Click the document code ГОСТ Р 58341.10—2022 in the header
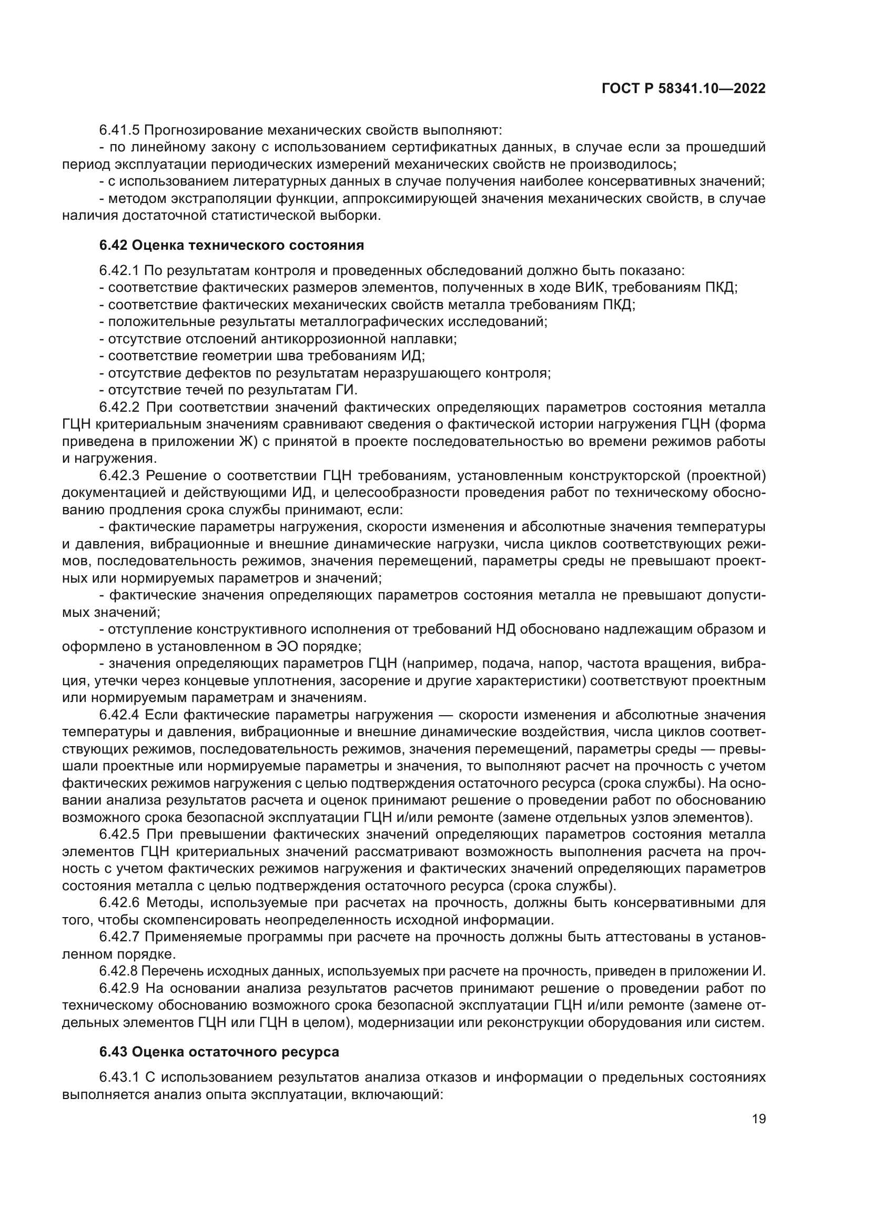pos(683,89)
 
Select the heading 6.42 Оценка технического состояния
pos(231,246)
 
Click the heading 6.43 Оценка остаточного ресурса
pos(219,1052)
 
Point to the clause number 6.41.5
pos(119,130)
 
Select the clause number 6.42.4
pos(119,715)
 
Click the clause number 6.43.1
pos(119,1077)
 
